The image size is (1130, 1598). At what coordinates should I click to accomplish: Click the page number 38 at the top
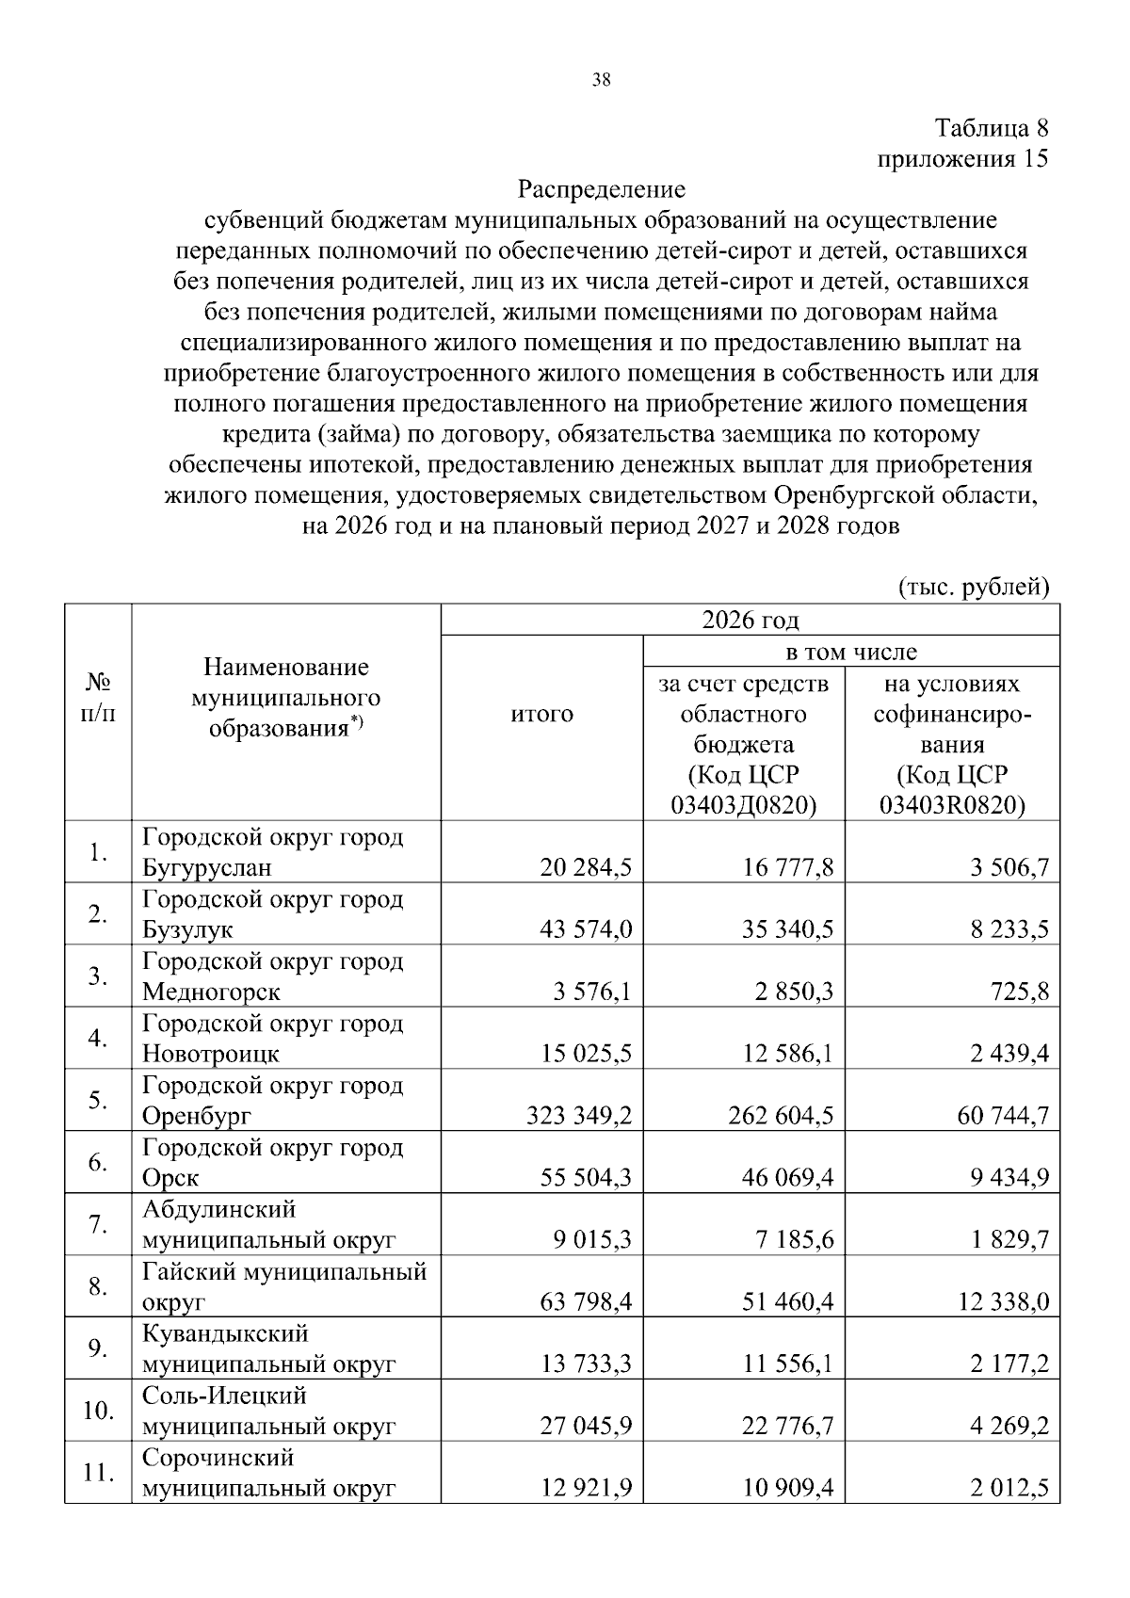pos(601,80)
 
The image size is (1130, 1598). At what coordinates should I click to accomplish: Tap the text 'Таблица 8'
pos(991,128)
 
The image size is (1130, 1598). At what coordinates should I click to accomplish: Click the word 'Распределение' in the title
pos(602,189)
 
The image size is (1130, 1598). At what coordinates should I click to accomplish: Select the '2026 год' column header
pos(750,620)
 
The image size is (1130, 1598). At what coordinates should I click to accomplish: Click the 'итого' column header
pos(541,714)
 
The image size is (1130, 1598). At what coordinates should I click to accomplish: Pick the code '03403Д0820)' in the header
pos(743,805)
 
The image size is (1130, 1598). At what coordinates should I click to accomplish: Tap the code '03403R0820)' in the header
pos(952,805)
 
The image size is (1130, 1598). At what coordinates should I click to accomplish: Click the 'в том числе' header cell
pos(851,652)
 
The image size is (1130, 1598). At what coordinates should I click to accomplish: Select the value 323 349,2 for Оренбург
pos(579,1117)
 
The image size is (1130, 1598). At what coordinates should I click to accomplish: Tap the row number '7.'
pos(98,1224)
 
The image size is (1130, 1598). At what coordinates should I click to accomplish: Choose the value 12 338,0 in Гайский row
pos(1004,1303)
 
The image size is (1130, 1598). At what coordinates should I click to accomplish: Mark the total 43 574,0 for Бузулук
pos(586,930)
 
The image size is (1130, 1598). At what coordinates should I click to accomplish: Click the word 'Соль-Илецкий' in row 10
pos(224,1396)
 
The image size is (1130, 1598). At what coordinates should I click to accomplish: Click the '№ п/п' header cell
pos(98,697)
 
